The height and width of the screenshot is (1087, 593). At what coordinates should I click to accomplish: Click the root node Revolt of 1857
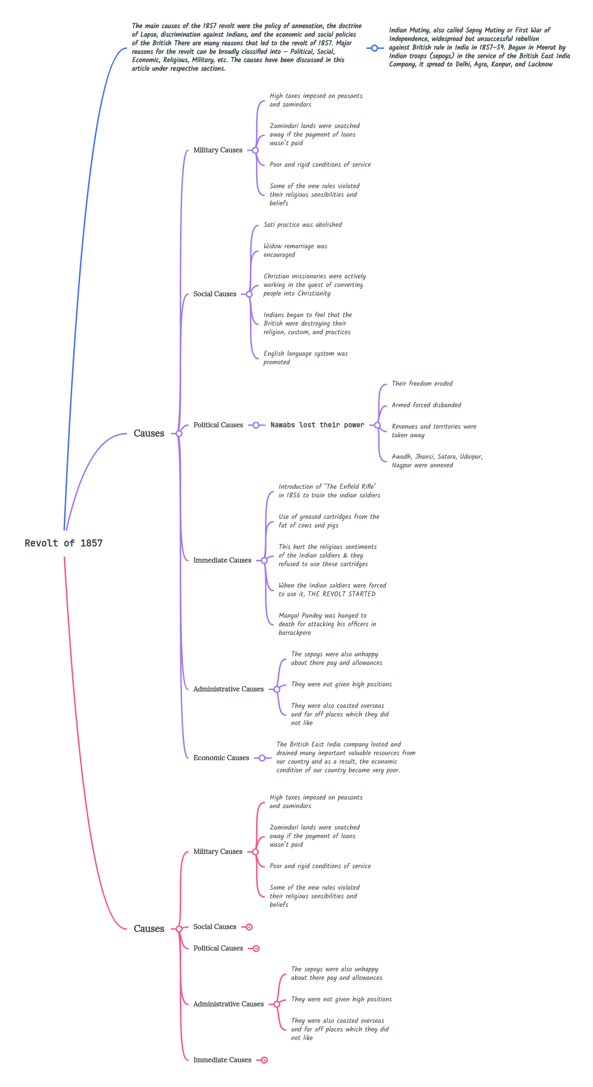coord(63,543)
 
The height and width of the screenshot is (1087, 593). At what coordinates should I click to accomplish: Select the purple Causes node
coord(149,433)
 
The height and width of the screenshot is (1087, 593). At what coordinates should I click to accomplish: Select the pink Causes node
coord(149,928)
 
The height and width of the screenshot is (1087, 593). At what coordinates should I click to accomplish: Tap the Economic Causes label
coord(221,758)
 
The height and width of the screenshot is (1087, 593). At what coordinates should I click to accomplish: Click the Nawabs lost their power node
coord(317,425)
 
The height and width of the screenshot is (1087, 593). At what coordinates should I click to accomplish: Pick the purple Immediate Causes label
coord(222,561)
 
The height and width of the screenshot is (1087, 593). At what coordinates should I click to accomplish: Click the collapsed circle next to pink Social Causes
coord(250,927)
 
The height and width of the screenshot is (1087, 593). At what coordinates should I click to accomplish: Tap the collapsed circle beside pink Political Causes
coord(256,948)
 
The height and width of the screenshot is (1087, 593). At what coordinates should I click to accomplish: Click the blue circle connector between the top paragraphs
coord(374,48)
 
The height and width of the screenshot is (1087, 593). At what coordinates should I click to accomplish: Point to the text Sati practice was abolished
coord(303,224)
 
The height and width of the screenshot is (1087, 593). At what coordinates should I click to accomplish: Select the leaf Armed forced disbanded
coord(426,405)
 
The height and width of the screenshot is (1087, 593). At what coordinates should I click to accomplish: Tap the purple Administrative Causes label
coord(228,689)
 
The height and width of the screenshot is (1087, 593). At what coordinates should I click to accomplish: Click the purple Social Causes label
coord(214,294)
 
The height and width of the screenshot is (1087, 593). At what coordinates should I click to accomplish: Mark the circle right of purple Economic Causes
coord(262,758)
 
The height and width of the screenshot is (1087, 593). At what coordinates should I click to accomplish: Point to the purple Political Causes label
coord(218,425)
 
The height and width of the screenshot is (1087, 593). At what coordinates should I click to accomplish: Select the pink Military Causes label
coord(218,851)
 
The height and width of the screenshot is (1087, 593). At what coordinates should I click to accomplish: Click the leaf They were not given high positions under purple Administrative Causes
coord(341,684)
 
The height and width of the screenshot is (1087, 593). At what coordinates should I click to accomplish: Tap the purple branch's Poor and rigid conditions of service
coord(320,165)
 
